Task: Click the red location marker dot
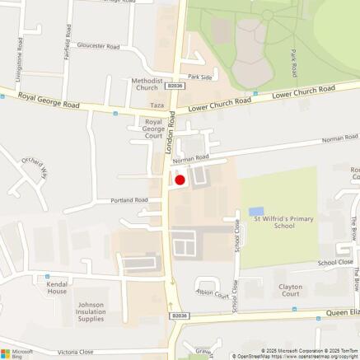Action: pos(180,180)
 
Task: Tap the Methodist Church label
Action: pos(144,86)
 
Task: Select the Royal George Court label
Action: pos(151,129)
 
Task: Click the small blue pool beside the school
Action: pos(256,212)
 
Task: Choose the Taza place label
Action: pos(157,106)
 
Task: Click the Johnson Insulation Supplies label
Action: pos(91,311)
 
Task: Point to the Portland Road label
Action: pos(130,200)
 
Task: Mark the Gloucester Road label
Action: pos(98,46)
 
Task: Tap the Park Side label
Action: pos(200,77)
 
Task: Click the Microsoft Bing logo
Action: pos(17,352)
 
